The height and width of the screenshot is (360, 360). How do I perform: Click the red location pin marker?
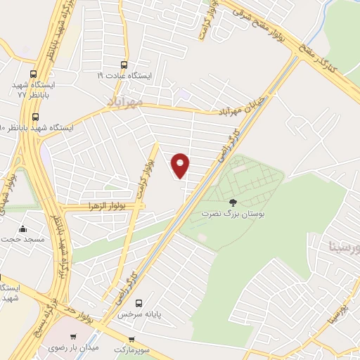pos(181,165)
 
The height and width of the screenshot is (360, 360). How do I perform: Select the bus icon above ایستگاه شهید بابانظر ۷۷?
pos(34,74)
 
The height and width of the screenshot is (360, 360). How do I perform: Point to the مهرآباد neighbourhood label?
pos(124,102)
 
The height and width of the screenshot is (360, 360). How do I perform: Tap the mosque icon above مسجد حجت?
pos(23,229)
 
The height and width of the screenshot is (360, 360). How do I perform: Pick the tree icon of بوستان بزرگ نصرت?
pos(233,202)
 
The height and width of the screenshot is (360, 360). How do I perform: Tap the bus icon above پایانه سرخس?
pos(139,303)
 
